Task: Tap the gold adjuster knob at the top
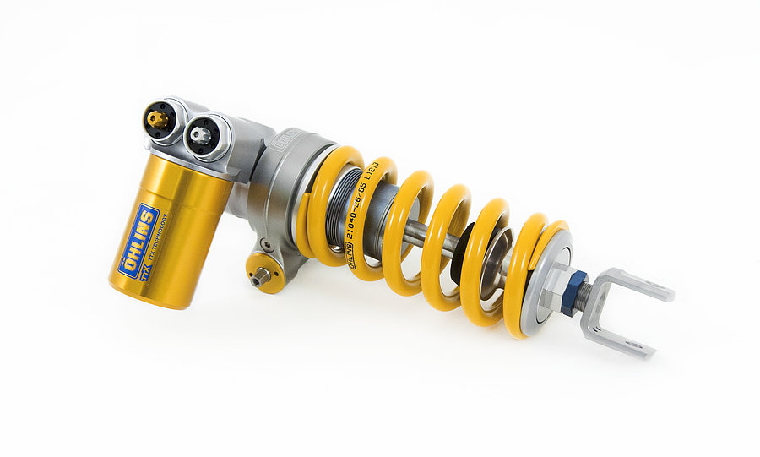[157, 118]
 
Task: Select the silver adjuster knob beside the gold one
[201, 133]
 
